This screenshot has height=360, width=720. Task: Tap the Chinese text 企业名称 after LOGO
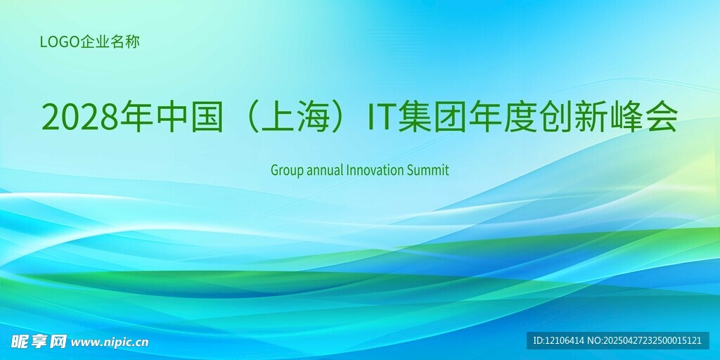coord(110,42)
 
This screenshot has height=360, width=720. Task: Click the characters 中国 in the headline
coord(189,117)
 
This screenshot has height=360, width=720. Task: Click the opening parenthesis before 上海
coord(249,117)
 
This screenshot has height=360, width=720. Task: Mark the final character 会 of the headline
coord(661,117)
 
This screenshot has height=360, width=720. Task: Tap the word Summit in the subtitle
coord(427,170)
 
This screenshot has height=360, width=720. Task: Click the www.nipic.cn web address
coord(110,342)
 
